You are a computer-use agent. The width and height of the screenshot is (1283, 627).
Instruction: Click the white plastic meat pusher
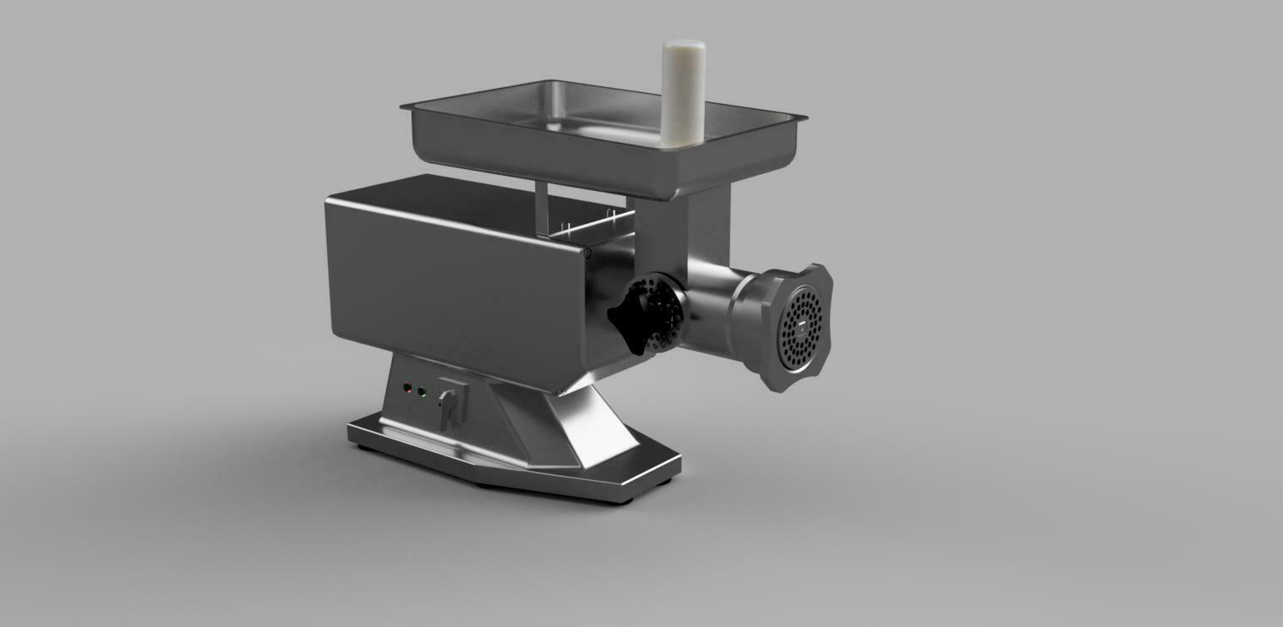pyautogui.click(x=682, y=93)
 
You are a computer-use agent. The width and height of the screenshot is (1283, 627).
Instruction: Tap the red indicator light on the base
pyautogui.click(x=407, y=389)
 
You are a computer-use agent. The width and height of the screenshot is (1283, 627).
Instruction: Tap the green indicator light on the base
pyautogui.click(x=423, y=392)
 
